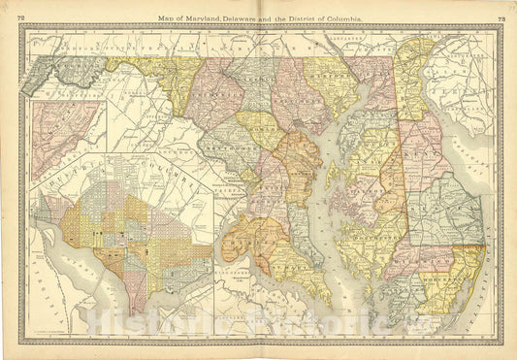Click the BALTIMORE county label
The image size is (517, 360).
click(288, 92)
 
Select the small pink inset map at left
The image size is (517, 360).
click(63, 136)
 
